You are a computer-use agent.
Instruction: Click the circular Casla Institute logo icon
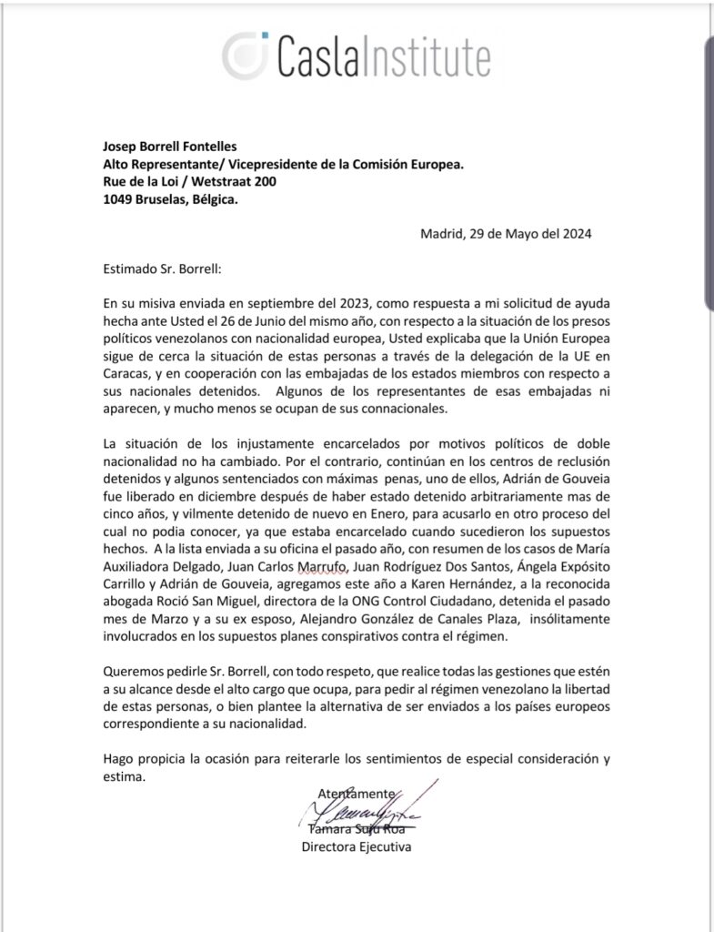pos(247,53)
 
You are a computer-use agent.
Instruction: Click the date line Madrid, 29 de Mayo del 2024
pos(507,234)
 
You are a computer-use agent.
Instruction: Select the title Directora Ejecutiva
pos(357,848)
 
